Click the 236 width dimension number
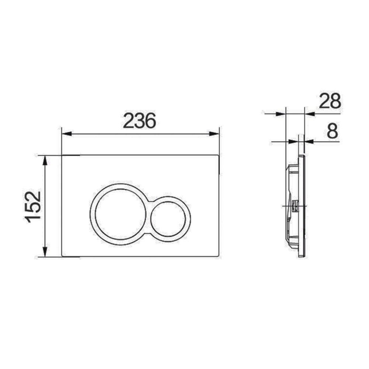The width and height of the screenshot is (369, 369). coord(139,121)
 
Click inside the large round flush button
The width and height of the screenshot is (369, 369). coord(119,215)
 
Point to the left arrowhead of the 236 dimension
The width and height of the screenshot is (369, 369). coord(66,134)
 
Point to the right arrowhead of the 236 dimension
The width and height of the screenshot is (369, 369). coord(214,134)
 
